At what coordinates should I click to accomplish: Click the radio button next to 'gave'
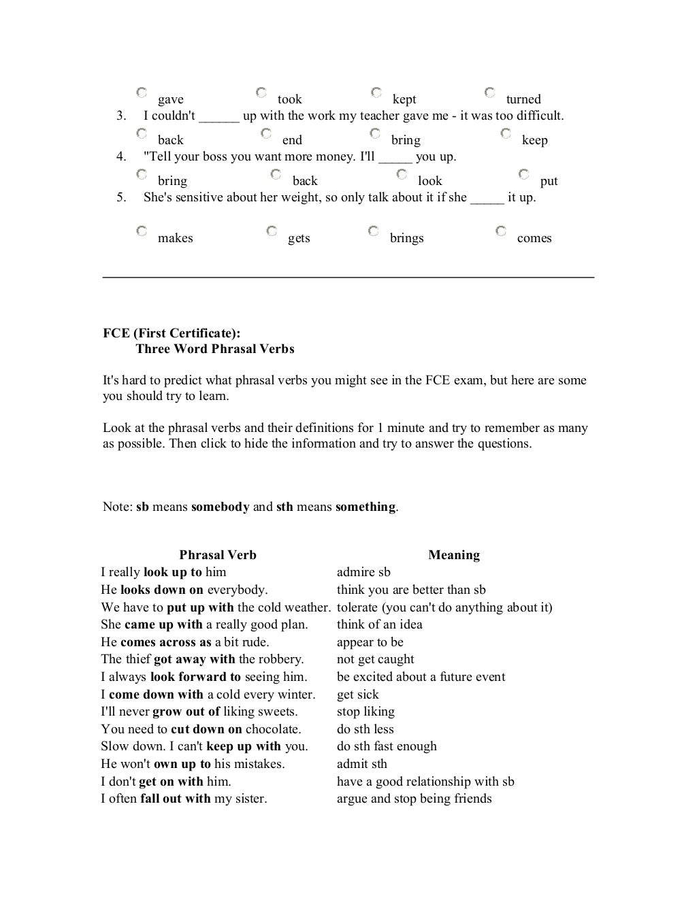[141, 92]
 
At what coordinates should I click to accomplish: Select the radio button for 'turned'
[489, 92]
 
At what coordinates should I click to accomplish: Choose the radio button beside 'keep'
[506, 133]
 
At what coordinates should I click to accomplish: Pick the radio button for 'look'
[402, 175]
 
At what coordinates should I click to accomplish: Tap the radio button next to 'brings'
[373, 231]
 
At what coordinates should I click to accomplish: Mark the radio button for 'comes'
[500, 231]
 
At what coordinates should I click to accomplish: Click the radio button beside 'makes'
[141, 231]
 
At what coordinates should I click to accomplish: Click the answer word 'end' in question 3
[292, 140]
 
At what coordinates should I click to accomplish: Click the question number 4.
[121, 156]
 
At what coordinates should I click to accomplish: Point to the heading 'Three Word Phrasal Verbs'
[215, 349]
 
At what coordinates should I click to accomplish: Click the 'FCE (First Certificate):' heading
[172, 333]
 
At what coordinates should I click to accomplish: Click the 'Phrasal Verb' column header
[218, 555]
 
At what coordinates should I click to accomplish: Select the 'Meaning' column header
[454, 555]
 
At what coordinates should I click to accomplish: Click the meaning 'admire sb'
[363, 572]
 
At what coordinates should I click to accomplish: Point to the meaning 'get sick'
[357, 695]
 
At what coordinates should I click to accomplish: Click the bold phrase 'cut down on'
[206, 729]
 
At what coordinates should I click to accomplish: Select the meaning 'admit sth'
[361, 764]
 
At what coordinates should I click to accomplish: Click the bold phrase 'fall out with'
[176, 799]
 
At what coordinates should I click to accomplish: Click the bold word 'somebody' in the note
[220, 507]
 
